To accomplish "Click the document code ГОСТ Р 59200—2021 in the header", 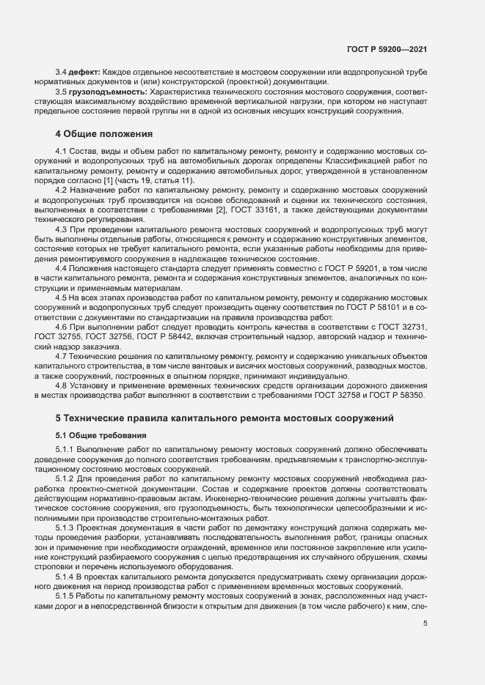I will pyautogui.click(x=386, y=50).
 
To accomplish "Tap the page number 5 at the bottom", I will pyautogui.click(x=425, y=623).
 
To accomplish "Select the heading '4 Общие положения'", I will pyautogui.click(x=104, y=134).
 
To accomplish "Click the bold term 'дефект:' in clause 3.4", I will pyautogui.click(x=84, y=73).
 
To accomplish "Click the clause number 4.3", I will pyautogui.click(x=62, y=229).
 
